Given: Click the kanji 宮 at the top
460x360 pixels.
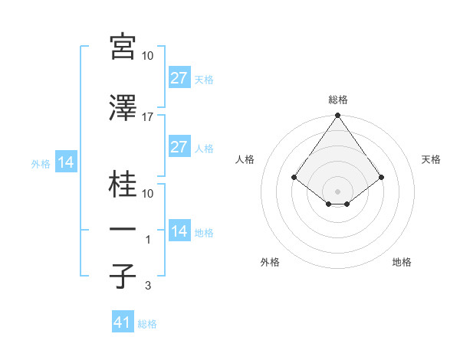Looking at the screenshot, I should point(123,47).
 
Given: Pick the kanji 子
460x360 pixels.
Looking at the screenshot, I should point(123,276).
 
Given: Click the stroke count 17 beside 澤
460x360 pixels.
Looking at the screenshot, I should point(148,116).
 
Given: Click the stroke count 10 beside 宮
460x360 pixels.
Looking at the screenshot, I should point(148,56).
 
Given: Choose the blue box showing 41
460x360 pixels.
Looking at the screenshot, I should point(122,322).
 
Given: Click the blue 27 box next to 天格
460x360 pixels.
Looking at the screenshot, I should point(179,78).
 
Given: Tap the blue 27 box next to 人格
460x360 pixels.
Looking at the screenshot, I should point(179,147).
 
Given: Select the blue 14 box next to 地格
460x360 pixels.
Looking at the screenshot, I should point(179,231).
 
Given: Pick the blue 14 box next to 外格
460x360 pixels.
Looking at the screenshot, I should point(65,162).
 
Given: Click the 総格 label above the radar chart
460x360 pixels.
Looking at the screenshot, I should point(338,100).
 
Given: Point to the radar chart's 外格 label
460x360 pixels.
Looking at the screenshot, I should point(270,262).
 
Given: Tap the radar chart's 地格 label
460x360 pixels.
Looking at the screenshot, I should point(402,262).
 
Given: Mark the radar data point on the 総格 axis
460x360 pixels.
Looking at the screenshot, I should point(338,116).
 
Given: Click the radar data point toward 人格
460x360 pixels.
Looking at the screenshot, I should point(294,177).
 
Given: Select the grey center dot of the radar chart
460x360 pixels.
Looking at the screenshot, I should point(338,191).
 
